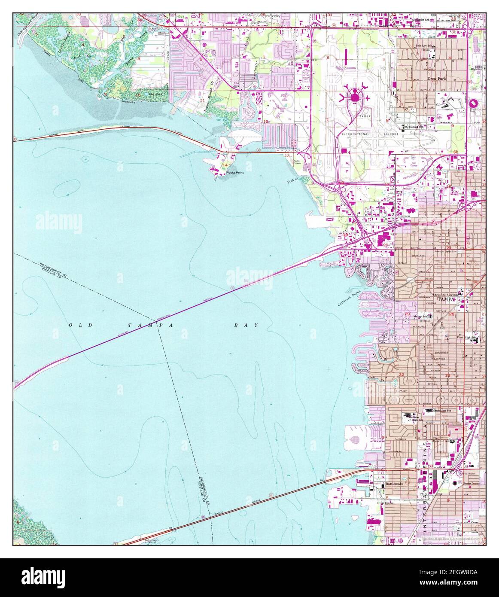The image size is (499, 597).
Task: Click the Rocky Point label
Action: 234,173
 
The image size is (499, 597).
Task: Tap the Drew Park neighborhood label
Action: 437,79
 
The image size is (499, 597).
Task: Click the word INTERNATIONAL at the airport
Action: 355,134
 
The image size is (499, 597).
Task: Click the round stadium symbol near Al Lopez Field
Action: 473,104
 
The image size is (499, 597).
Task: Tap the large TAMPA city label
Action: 447,299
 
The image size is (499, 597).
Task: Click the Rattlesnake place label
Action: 395,484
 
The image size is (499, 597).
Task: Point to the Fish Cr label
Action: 292,181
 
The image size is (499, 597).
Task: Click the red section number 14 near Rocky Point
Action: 225,165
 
